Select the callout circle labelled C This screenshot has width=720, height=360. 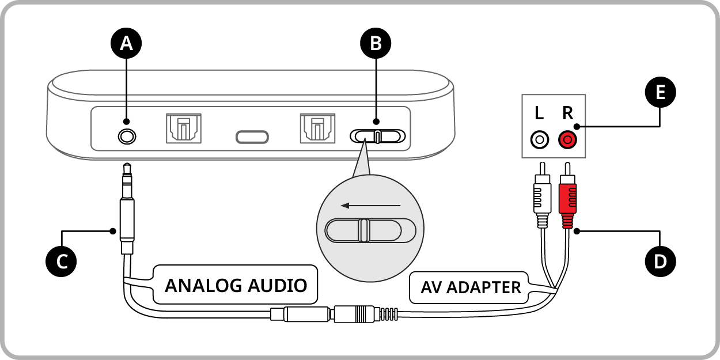(x=61, y=260)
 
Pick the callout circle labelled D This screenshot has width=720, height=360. (x=660, y=260)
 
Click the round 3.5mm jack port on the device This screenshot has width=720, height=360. (x=127, y=137)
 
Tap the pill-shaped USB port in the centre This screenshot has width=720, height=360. (x=252, y=137)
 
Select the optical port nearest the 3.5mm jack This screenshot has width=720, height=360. (x=183, y=128)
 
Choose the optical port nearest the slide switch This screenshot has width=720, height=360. (x=317, y=128)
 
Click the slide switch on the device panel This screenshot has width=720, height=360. (x=378, y=137)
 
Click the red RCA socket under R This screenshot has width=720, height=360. (x=567, y=139)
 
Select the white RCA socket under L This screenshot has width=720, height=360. (x=539, y=139)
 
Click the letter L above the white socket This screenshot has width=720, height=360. (x=539, y=113)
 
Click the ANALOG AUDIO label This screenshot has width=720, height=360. (x=236, y=285)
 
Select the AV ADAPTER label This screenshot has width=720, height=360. (x=471, y=287)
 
